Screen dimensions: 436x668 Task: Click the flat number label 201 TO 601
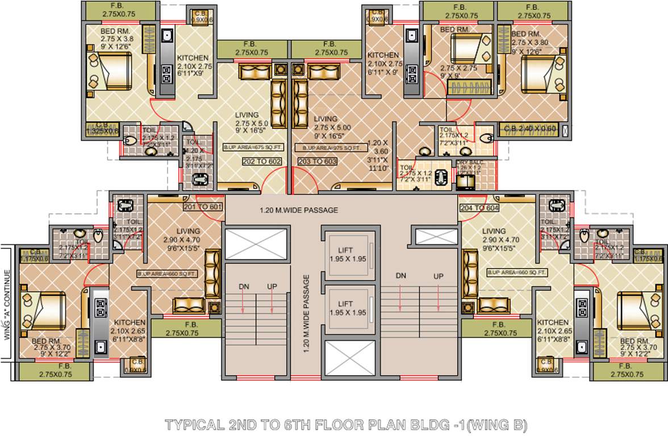pyautogui.click(x=202, y=207)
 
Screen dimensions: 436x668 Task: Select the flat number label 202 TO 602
pyautogui.click(x=247, y=161)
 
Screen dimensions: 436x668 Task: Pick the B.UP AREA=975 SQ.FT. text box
pyautogui.click(x=328, y=148)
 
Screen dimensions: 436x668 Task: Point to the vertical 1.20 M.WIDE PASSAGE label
pyautogui.click(x=307, y=314)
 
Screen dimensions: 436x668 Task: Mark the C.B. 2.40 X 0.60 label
pyautogui.click(x=529, y=129)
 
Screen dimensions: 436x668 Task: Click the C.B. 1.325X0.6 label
pyautogui.click(x=102, y=128)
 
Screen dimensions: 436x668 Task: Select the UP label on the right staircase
pyautogui.click(x=439, y=276)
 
